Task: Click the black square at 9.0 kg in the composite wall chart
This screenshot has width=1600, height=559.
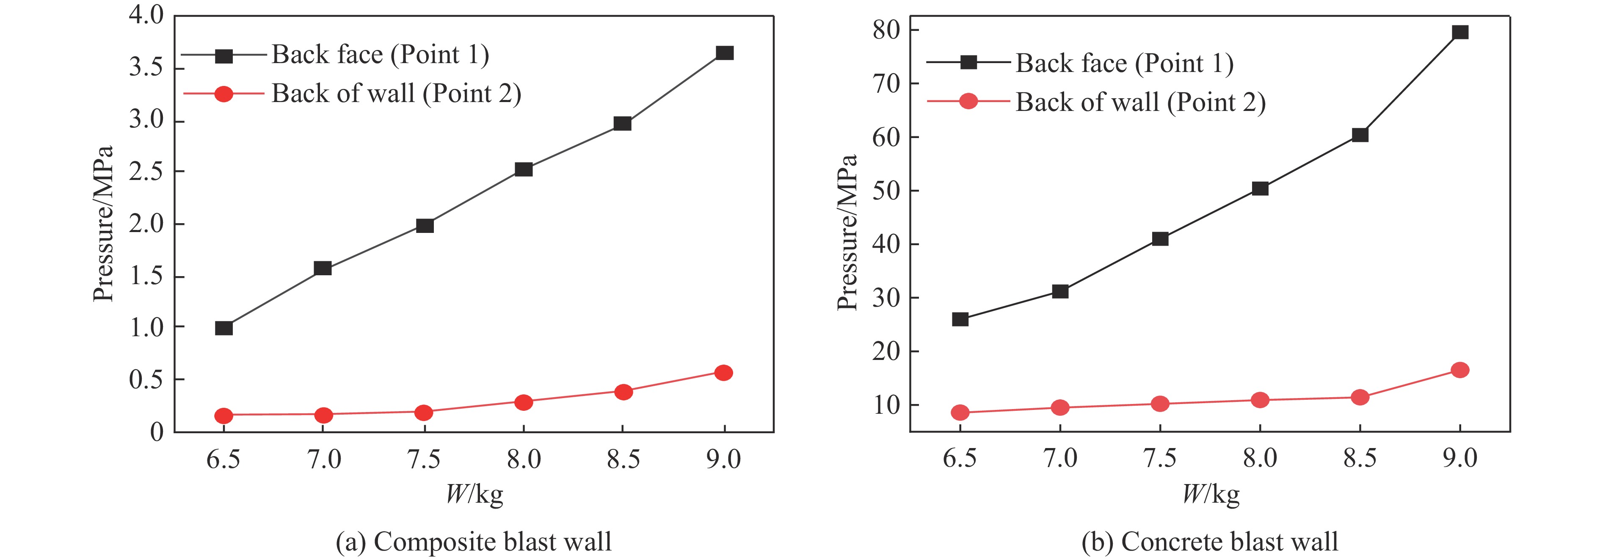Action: (x=724, y=53)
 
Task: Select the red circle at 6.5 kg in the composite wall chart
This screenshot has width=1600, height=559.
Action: (x=223, y=415)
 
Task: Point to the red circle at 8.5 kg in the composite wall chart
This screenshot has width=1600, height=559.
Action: (x=623, y=392)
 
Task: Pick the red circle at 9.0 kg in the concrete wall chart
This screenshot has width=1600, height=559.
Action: (x=1459, y=370)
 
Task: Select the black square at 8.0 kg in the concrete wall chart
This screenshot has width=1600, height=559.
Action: (x=1260, y=188)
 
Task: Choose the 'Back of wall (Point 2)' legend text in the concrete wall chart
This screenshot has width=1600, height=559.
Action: (x=1140, y=102)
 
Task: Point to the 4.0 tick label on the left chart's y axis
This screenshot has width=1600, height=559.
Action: (x=146, y=15)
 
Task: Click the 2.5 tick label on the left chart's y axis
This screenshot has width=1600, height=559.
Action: (x=146, y=172)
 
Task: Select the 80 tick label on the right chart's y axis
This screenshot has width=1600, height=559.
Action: (x=887, y=30)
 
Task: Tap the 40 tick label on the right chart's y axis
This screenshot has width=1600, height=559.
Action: (x=887, y=244)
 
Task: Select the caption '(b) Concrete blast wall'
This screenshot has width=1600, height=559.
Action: (x=1210, y=542)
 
